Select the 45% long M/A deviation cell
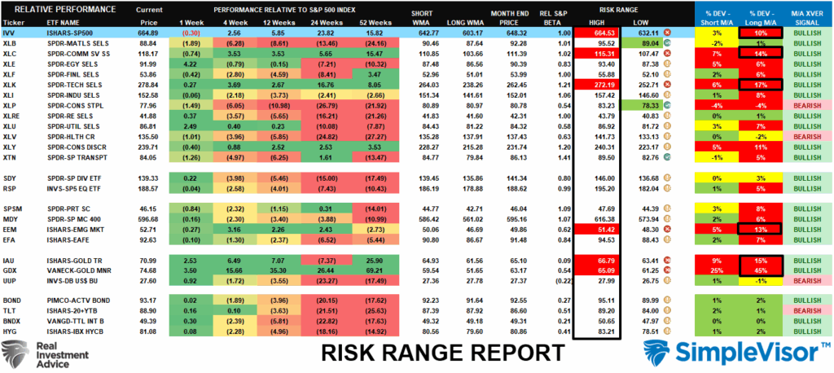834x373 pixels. coord(760,268)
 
